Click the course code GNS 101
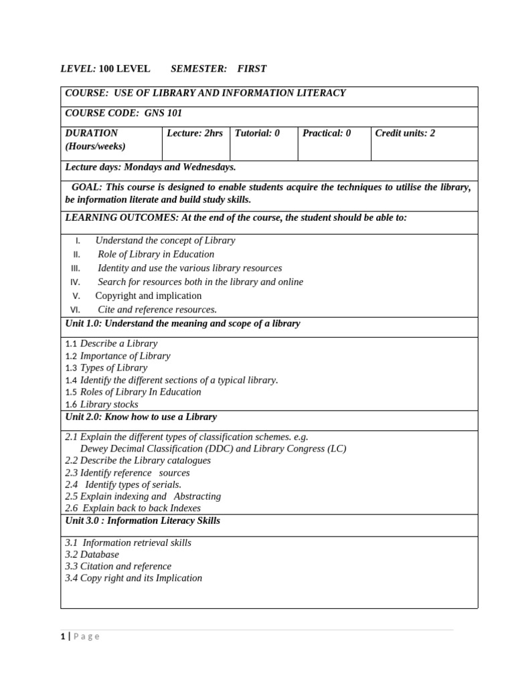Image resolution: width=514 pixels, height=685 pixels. (163, 113)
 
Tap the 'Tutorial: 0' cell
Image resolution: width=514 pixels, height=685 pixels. (257, 133)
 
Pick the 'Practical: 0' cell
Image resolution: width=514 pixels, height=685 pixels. (327, 133)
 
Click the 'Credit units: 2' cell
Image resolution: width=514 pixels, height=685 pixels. (405, 133)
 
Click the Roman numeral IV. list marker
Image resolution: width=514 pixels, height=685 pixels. (75, 282)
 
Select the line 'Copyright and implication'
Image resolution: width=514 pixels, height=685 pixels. (148, 296)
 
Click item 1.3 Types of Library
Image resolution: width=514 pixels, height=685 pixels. (106, 368)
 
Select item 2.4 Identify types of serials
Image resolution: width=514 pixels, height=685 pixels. (123, 484)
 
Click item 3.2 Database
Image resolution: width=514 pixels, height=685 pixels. (92, 555)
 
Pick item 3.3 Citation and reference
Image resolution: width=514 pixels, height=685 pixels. (118, 567)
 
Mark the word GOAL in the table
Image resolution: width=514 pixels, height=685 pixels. (86, 187)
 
